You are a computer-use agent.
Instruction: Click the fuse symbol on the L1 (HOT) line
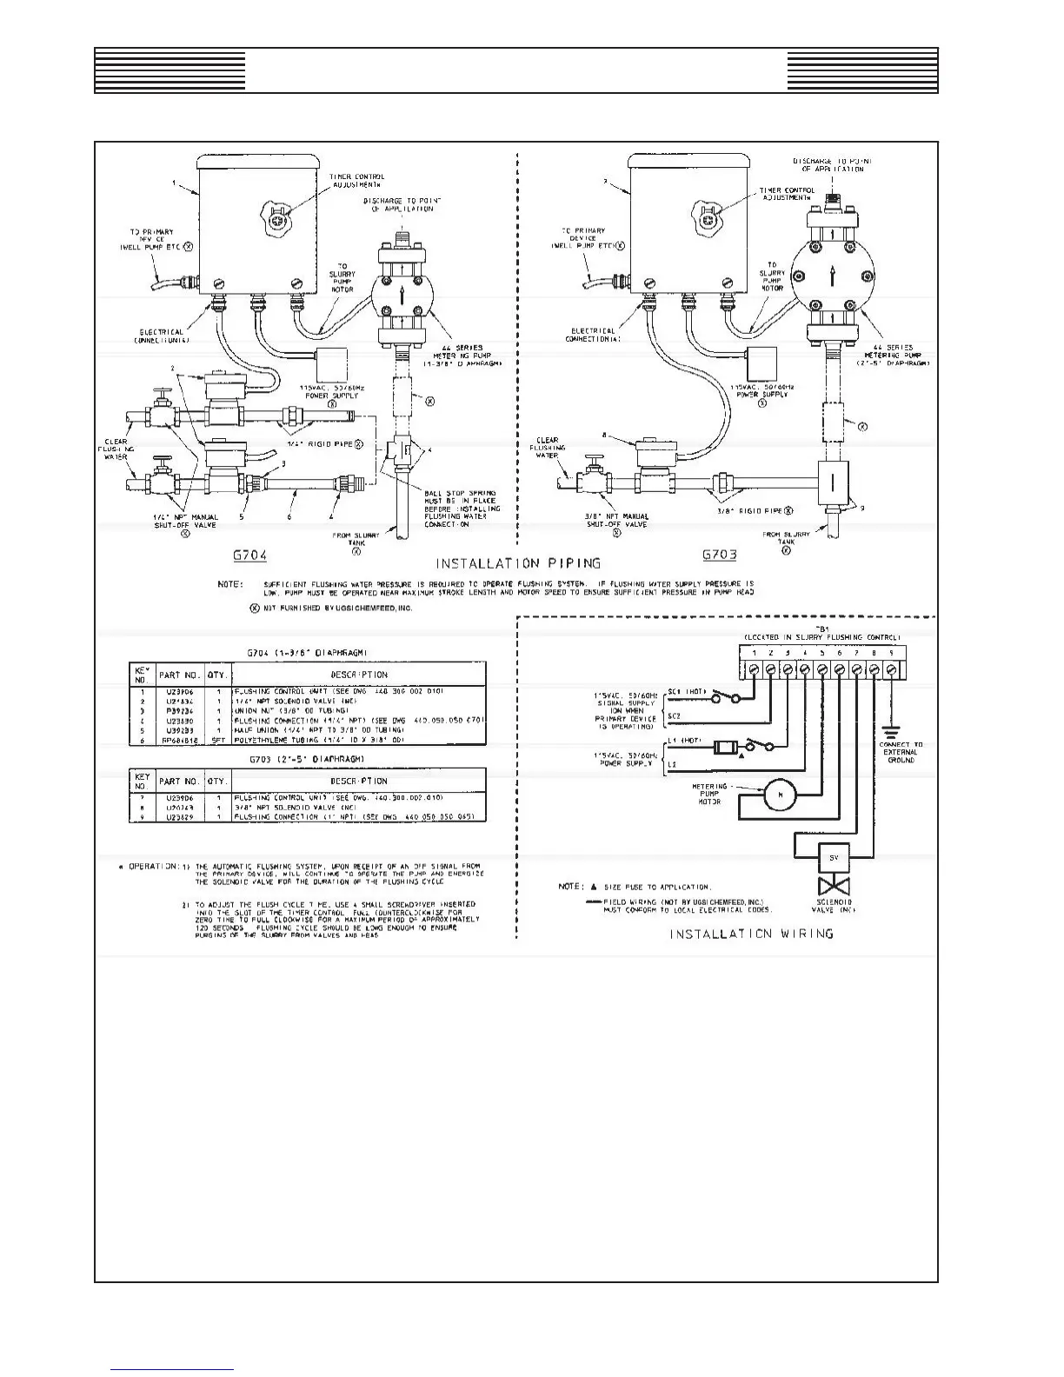pyautogui.click(x=725, y=747)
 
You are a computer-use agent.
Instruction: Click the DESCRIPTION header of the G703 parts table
pyautogui.click(x=358, y=782)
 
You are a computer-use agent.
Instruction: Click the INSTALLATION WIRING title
pyautogui.click(x=752, y=934)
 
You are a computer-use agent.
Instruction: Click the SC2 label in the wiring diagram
pyautogui.click(x=674, y=716)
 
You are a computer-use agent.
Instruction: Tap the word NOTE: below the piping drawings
pyautogui.click(x=229, y=584)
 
